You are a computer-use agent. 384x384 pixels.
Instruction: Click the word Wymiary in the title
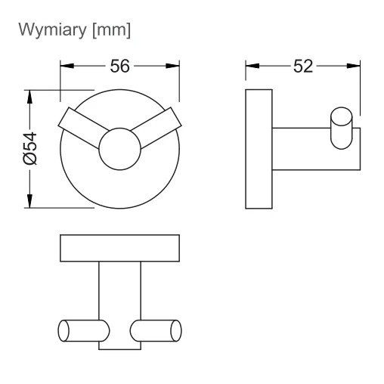(53, 30)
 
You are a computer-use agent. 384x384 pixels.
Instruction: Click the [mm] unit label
(112, 30)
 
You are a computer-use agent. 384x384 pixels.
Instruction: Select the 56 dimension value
(119, 67)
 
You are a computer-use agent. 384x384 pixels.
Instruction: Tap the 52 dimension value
(303, 67)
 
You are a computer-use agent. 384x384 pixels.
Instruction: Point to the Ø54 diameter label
(30, 149)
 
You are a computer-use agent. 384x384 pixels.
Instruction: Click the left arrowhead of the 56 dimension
(67, 66)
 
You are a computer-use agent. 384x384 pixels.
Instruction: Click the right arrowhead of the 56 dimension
(172, 66)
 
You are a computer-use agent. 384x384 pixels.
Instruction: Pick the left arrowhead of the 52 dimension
(252, 66)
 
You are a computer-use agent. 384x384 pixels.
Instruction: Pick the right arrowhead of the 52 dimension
(353, 66)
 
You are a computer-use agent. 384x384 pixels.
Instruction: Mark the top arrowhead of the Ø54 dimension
(29, 97)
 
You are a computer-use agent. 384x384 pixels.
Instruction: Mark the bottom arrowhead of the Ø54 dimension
(29, 201)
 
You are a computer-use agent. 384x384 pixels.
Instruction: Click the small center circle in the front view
(119, 149)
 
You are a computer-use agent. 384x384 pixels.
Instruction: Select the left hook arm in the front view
(81, 126)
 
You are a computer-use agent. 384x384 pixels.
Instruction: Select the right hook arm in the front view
(159, 126)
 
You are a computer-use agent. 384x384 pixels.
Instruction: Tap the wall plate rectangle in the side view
(259, 149)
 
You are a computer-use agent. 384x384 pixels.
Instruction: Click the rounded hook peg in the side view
(342, 128)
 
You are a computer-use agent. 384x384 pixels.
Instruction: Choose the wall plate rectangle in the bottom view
(119, 248)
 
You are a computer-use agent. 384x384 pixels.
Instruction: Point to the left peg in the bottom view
(84, 330)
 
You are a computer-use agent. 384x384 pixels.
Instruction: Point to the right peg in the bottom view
(156, 330)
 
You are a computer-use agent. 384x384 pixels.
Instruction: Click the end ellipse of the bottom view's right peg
(176, 330)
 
